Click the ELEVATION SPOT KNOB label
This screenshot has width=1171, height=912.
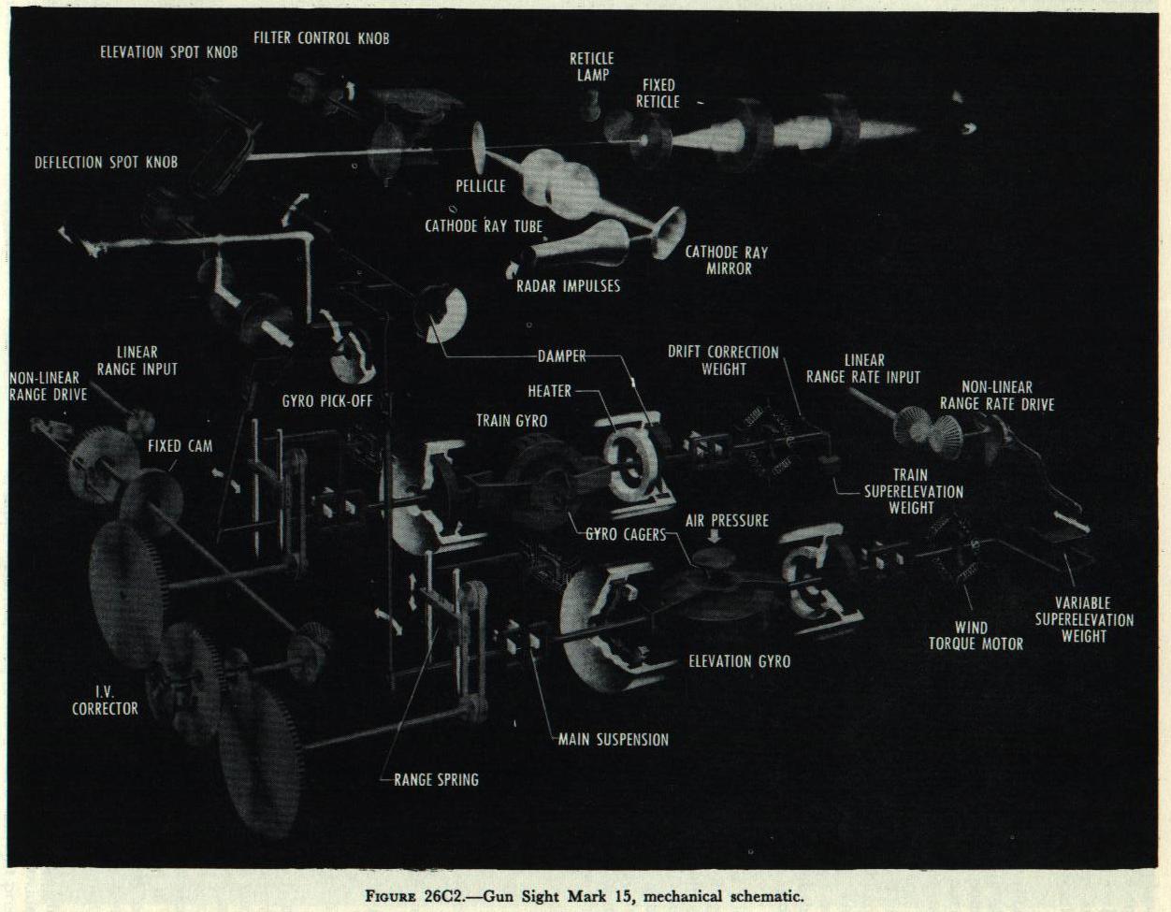(168, 52)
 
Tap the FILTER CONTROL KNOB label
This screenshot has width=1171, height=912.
(321, 38)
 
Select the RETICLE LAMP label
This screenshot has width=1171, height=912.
(591, 66)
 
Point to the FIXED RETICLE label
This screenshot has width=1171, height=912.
(658, 94)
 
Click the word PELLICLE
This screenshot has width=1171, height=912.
(481, 186)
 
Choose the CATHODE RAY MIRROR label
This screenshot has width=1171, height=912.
(726, 260)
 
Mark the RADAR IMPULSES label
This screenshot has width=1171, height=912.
(568, 285)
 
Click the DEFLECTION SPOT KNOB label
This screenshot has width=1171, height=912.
(106, 162)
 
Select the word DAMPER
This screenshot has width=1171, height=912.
(562, 356)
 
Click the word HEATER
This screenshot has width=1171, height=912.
(549, 391)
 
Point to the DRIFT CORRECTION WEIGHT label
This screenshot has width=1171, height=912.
(723, 360)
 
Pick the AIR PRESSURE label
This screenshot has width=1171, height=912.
(727, 520)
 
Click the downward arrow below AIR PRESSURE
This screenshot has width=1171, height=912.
(715, 538)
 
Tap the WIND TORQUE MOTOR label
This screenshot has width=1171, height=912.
(976, 635)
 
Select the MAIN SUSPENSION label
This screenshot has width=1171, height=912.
(614, 740)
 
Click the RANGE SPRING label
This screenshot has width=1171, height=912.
(436, 779)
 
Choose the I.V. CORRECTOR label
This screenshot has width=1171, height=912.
(105, 700)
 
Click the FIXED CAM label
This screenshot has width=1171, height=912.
(180, 445)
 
